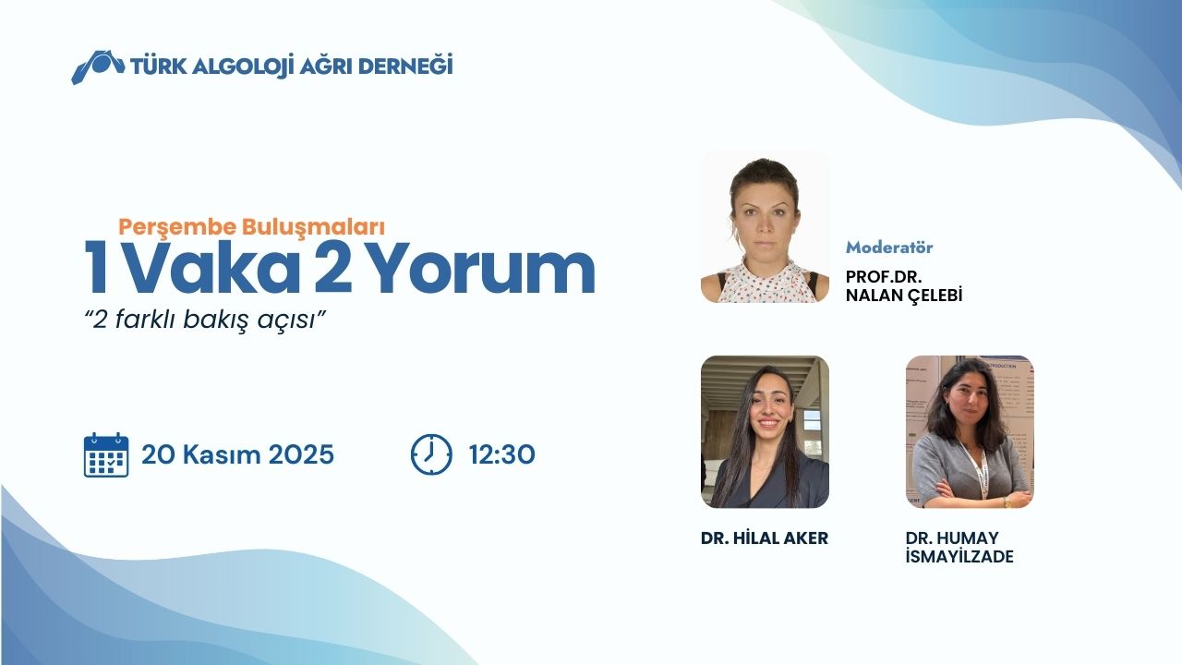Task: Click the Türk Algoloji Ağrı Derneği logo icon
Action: click(97, 66)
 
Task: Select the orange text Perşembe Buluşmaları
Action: click(251, 224)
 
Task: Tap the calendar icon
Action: click(106, 454)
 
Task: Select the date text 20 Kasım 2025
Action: click(237, 455)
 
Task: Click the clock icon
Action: click(431, 454)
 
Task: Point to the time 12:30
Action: click(501, 455)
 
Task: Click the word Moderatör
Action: click(889, 248)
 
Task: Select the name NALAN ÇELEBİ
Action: click(904, 296)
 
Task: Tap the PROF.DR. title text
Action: click(884, 277)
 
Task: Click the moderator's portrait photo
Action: click(765, 227)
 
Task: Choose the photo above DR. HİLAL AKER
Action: click(765, 431)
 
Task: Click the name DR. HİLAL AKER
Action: click(765, 538)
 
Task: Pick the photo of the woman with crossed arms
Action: click(970, 431)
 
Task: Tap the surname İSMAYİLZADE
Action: click(959, 557)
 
